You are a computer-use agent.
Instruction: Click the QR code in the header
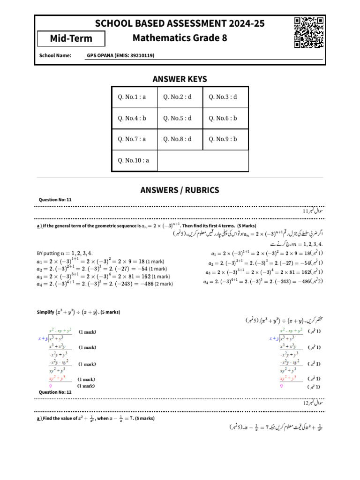click(x=309, y=33)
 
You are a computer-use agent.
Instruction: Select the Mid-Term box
click(x=71, y=38)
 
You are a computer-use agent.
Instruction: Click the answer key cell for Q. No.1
click(x=135, y=97)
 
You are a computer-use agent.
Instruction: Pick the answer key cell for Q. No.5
click(x=180, y=118)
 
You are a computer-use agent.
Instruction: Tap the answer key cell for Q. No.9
click(x=225, y=139)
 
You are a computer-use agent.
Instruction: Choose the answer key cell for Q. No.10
click(x=135, y=160)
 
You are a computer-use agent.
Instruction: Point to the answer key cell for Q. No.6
click(x=225, y=118)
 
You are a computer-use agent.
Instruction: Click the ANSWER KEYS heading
click(x=180, y=79)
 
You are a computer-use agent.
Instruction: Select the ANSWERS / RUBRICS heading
click(x=180, y=190)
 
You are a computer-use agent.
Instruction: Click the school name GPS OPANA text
click(x=120, y=55)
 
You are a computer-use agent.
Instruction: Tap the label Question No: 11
click(x=55, y=200)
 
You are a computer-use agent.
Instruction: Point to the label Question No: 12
click(x=55, y=392)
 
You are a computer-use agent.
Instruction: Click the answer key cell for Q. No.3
click(x=225, y=97)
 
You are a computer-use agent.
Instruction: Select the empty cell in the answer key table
click(x=202, y=161)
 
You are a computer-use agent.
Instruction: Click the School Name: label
click(x=55, y=55)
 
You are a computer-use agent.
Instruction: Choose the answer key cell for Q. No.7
click(x=135, y=139)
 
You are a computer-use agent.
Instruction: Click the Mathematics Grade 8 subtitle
click(x=180, y=38)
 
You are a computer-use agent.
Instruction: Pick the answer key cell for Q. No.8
click(x=180, y=139)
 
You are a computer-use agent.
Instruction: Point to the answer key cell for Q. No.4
click(x=135, y=118)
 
